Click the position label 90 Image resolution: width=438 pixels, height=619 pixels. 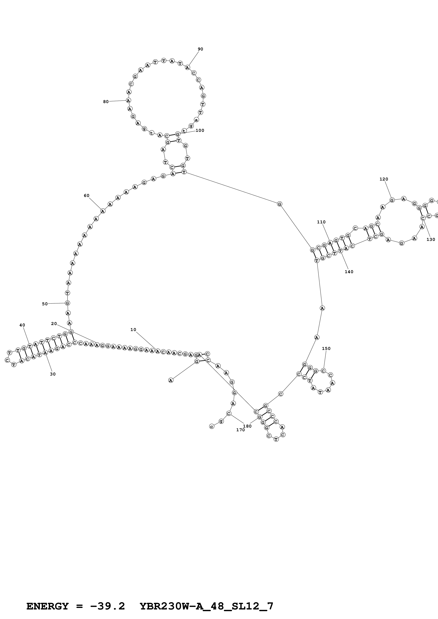click(200, 49)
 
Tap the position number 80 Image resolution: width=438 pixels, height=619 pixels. click(106, 102)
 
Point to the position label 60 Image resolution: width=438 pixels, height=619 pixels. click(86, 196)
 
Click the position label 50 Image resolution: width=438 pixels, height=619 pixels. click(45, 304)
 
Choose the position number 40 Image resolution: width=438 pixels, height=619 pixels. click(22, 325)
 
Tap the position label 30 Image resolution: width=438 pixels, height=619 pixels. click(53, 374)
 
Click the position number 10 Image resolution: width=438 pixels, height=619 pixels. click(133, 330)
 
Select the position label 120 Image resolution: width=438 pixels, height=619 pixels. click(384, 179)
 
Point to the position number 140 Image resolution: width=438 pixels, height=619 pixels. click(349, 272)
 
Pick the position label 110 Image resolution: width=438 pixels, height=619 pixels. click(321, 222)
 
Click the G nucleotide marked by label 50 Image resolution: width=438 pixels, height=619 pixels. click(67, 303)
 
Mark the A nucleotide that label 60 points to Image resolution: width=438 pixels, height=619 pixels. click(102, 211)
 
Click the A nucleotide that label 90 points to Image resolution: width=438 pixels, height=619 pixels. click(187, 67)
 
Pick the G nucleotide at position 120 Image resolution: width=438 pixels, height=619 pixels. click(392, 200)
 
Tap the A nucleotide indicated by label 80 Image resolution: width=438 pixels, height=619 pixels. click(128, 100)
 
